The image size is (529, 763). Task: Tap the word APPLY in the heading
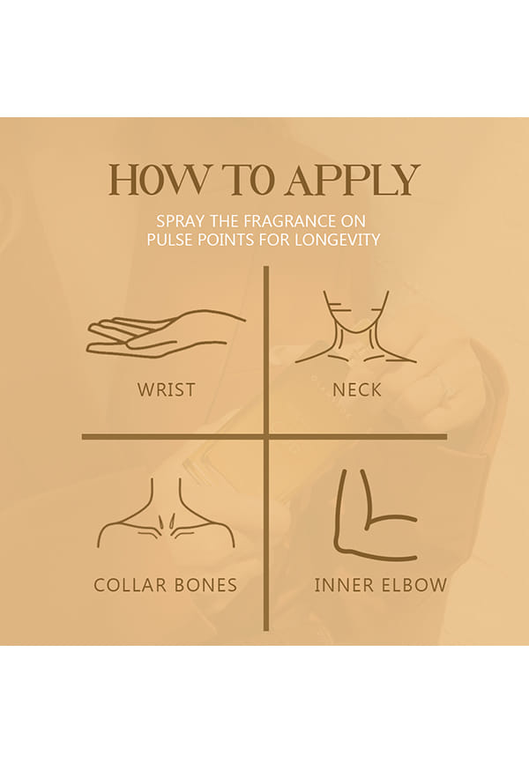(x=353, y=180)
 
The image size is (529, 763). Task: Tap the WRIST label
(x=166, y=389)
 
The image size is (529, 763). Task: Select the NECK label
(x=357, y=389)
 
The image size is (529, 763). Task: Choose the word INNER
(x=344, y=585)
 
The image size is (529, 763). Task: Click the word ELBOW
(x=414, y=585)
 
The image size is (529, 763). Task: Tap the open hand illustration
(x=166, y=334)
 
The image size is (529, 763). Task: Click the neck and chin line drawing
(x=356, y=328)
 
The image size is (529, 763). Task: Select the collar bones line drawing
(x=166, y=514)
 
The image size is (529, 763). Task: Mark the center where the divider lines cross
(x=266, y=437)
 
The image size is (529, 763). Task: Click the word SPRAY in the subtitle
(x=180, y=221)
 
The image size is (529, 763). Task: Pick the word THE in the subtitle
(x=224, y=221)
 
